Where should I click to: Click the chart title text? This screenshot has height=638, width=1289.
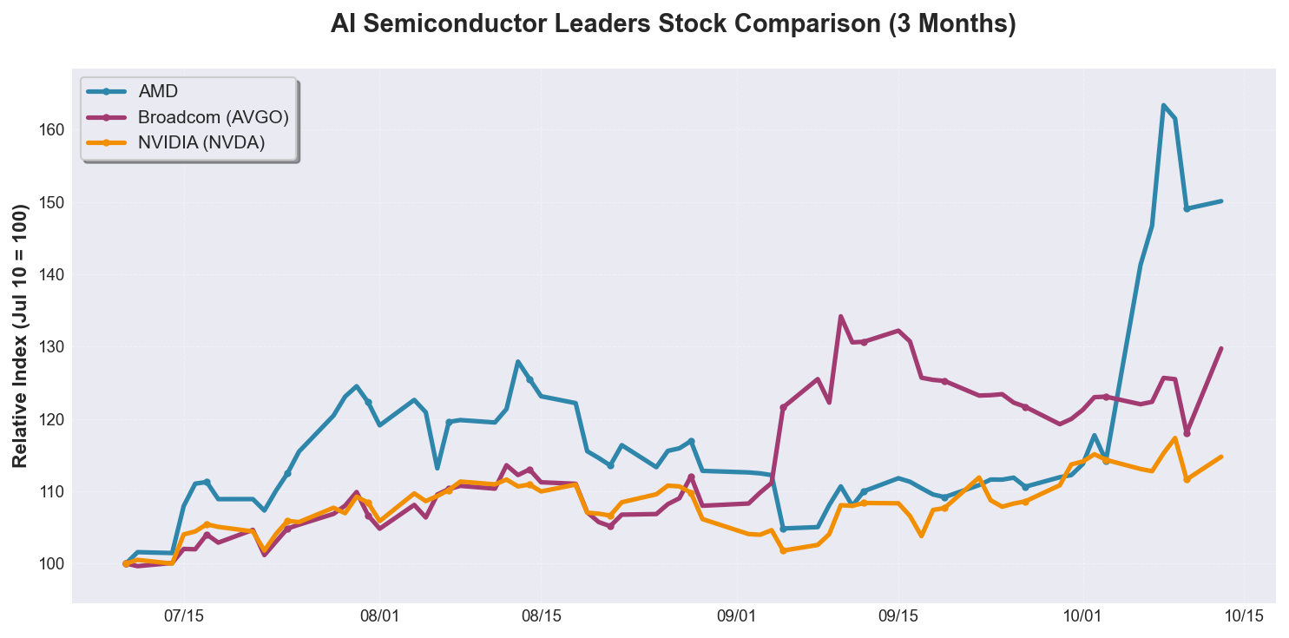(673, 25)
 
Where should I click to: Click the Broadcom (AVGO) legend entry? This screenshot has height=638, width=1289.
(213, 116)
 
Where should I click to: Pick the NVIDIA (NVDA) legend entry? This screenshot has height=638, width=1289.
(201, 142)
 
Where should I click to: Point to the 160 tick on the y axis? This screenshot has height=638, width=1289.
(51, 130)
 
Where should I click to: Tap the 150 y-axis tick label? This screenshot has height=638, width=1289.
(51, 202)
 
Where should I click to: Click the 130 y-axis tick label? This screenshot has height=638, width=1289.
(51, 347)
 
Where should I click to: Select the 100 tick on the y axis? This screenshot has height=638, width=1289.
(51, 564)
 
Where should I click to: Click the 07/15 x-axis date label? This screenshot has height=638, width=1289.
(183, 616)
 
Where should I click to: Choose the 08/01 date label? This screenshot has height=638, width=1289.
(379, 616)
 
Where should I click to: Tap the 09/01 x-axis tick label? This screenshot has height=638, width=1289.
(736, 616)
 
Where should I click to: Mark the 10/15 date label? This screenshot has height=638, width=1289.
(1244, 616)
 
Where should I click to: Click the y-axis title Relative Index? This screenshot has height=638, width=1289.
(21, 336)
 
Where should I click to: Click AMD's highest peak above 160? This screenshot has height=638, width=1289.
(1163, 106)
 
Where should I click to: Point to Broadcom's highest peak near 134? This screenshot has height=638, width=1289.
(840, 317)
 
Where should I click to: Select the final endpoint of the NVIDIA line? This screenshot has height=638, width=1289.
(1220, 457)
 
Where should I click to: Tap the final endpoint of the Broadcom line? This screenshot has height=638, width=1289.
(1220, 349)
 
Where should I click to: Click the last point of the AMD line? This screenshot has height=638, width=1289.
(1220, 201)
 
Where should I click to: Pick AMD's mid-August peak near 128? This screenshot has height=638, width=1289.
(517, 362)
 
